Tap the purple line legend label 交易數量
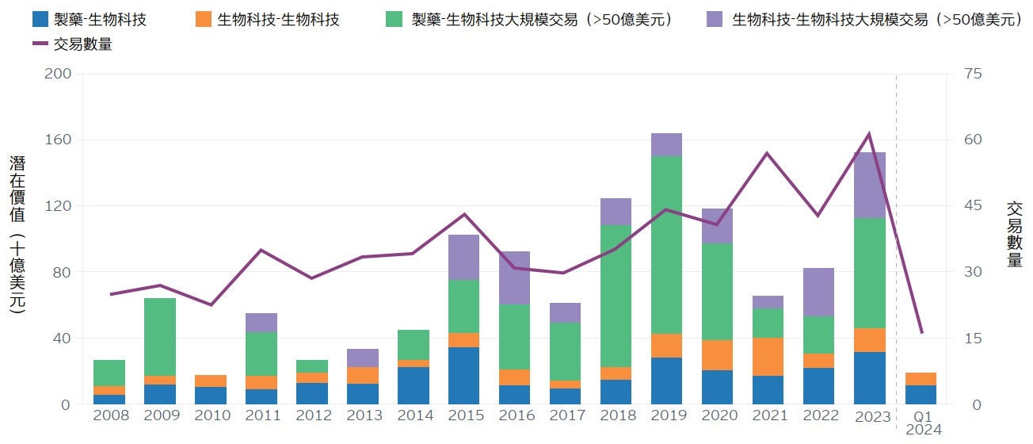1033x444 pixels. coord(82,44)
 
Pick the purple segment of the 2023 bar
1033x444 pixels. coord(869,185)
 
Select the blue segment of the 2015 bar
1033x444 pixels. coord(463,376)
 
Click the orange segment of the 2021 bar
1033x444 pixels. coord(768,357)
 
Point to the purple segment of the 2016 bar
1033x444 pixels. coord(514,277)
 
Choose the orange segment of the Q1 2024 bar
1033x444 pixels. coord(921,379)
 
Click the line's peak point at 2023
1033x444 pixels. coord(869,134)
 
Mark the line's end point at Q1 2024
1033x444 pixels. coord(921,333)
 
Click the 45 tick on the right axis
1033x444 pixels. coord(972,206)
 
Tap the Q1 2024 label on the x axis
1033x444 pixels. coord(921,423)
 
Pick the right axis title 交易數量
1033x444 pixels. coord(1014,235)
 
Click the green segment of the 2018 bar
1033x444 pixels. coord(616,296)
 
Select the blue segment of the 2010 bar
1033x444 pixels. coord(210,396)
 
